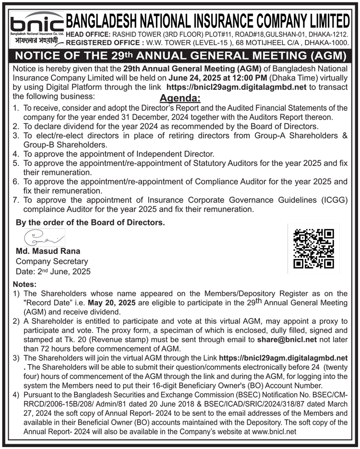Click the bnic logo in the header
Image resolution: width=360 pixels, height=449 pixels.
[36, 23]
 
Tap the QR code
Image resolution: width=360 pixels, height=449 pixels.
[313, 248]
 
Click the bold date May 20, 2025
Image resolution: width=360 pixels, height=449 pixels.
[114, 303]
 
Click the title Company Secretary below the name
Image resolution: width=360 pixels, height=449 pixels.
[52, 261]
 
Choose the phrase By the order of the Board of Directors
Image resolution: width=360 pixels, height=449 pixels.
[90, 223]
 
